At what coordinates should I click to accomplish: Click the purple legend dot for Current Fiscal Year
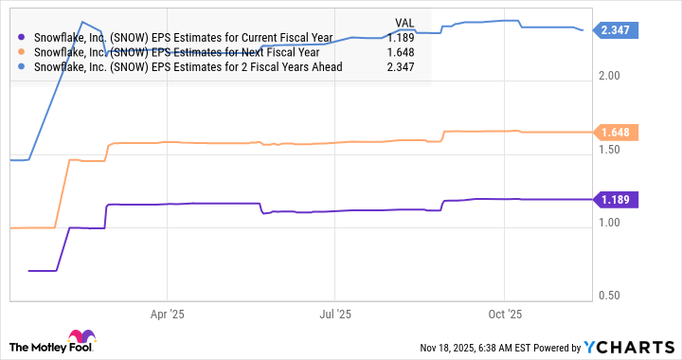click(x=22, y=37)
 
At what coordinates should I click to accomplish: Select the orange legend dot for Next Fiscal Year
click(x=22, y=52)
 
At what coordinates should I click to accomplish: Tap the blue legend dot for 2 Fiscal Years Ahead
click(x=22, y=67)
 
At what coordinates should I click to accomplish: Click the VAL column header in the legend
click(x=404, y=22)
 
